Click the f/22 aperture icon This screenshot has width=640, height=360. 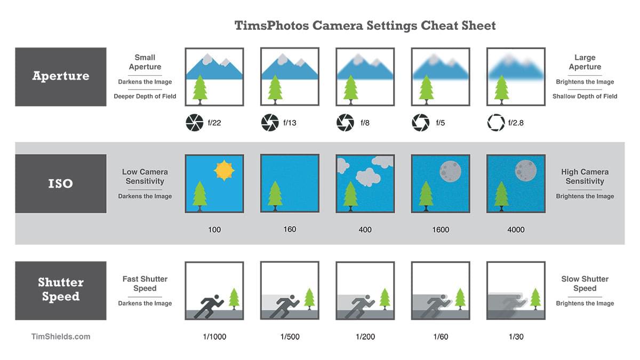click(x=194, y=123)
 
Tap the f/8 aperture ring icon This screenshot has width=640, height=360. click(x=345, y=123)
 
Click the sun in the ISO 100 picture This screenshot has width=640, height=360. click(x=224, y=170)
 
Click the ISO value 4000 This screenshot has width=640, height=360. click(x=516, y=230)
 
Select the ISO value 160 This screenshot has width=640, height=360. click(x=290, y=229)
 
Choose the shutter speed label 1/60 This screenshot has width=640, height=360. click(x=440, y=337)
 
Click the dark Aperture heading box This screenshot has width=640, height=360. click(x=60, y=76)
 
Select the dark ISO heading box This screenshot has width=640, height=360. click(x=60, y=183)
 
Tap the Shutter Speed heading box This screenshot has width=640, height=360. click(x=60, y=290)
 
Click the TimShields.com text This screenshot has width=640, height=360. click(x=60, y=337)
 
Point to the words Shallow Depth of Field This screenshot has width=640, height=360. click(x=585, y=97)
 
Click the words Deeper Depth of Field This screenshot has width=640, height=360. click(x=145, y=97)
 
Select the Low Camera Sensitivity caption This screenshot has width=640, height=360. click(x=145, y=177)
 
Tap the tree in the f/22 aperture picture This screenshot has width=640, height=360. click(x=200, y=89)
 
